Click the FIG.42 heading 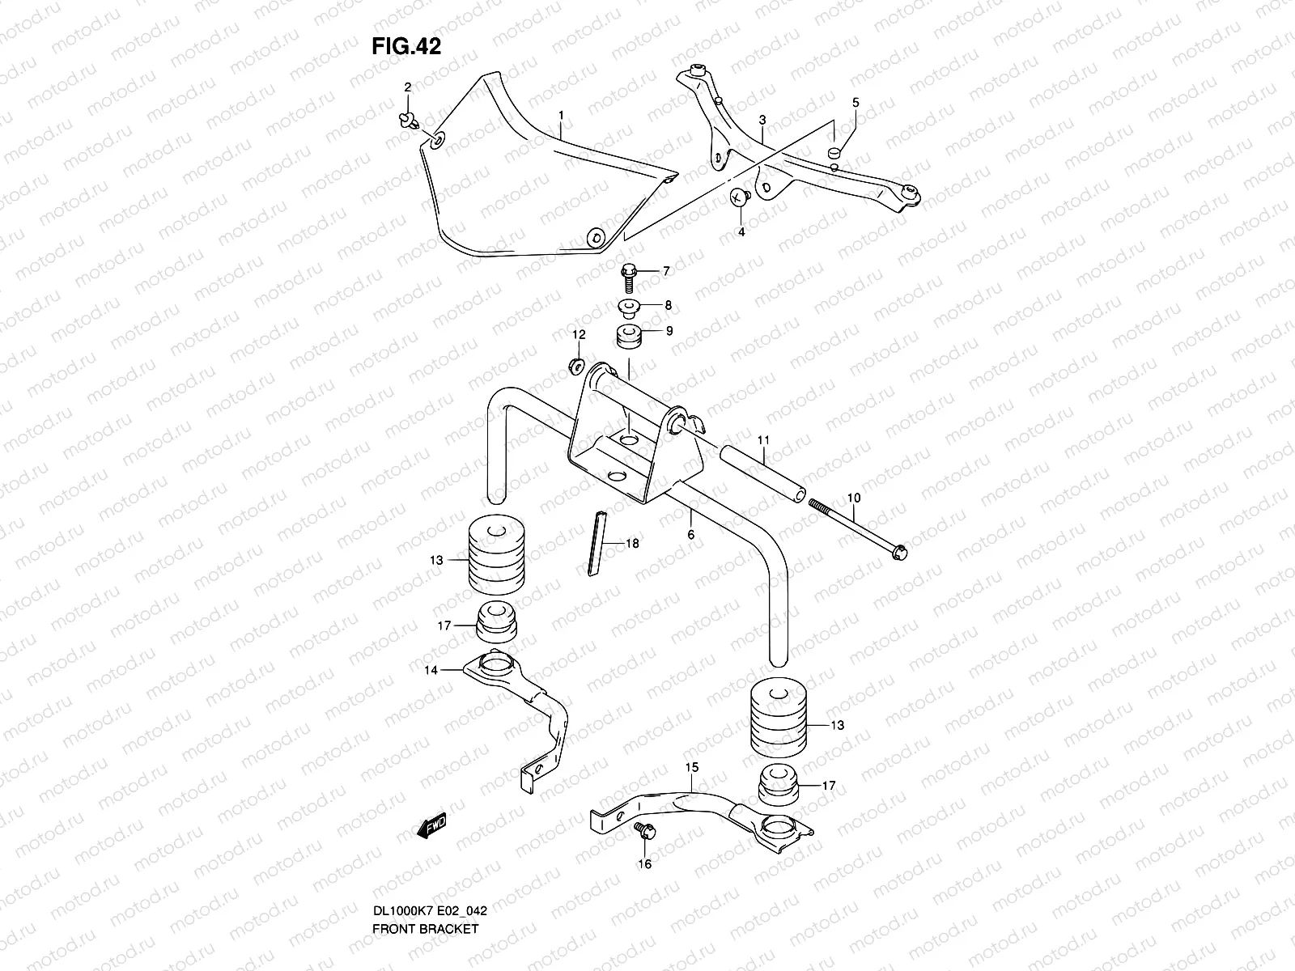pyautogui.click(x=406, y=47)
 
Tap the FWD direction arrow pyautogui.click(x=431, y=827)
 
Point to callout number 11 pyautogui.click(x=762, y=439)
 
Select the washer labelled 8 pyautogui.click(x=629, y=307)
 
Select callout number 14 pyautogui.click(x=431, y=670)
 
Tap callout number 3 pyautogui.click(x=762, y=120)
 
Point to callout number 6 pyautogui.click(x=690, y=535)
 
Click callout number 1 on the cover pyautogui.click(x=560, y=116)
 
